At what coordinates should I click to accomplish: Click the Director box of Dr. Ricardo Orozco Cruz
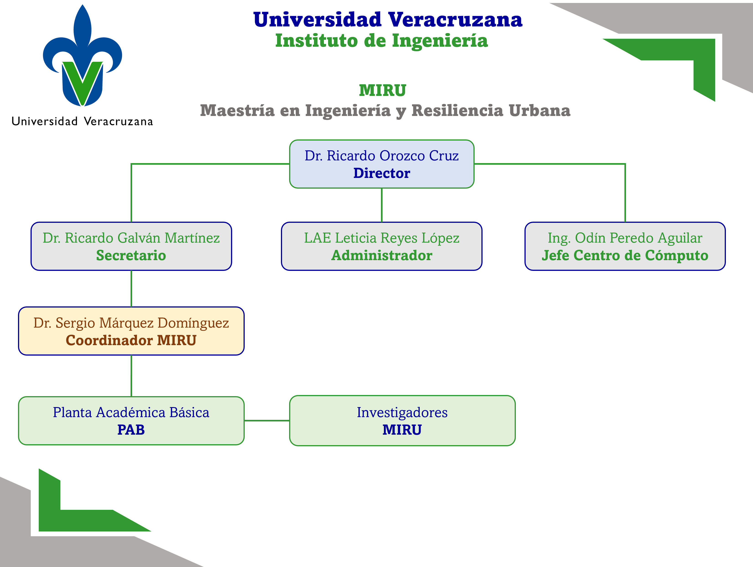tap(382, 164)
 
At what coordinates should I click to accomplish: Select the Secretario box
tap(131, 246)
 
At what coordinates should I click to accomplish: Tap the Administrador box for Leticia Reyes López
tap(382, 246)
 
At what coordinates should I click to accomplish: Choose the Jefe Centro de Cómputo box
tap(625, 246)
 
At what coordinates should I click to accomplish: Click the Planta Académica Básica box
tap(131, 421)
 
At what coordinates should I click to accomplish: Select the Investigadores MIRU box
tap(402, 421)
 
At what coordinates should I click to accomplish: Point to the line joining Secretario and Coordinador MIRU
tap(131, 289)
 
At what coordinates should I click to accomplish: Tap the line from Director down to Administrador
tap(382, 205)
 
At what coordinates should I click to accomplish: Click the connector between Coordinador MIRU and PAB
tap(131, 376)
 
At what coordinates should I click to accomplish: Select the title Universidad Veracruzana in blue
tap(388, 20)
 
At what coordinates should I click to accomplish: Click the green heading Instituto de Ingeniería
tap(382, 41)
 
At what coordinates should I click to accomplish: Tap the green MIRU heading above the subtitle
tap(383, 90)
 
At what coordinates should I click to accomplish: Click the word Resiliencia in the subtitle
tap(457, 111)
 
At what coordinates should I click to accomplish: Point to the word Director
tap(382, 173)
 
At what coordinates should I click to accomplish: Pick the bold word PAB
tap(131, 430)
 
